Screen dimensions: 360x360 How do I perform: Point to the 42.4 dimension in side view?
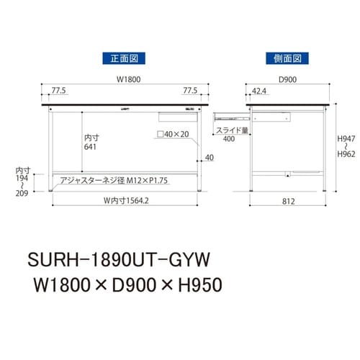tap(261, 91)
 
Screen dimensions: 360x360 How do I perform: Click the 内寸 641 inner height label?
tap(91, 141)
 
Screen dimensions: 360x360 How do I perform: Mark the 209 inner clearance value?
tap(24, 193)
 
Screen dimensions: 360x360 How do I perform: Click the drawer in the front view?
tap(170, 115)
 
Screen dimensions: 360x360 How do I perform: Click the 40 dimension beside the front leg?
tap(209, 158)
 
